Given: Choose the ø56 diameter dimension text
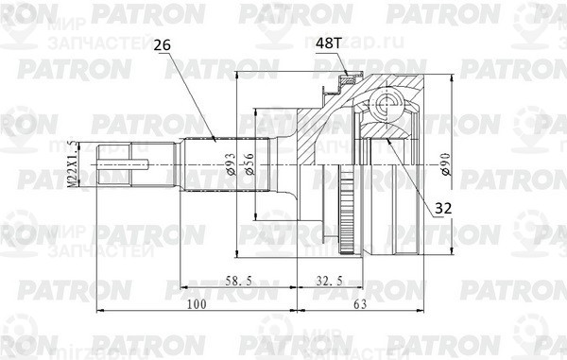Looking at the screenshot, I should (x=249, y=164).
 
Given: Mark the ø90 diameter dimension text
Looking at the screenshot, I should (x=444, y=164).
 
